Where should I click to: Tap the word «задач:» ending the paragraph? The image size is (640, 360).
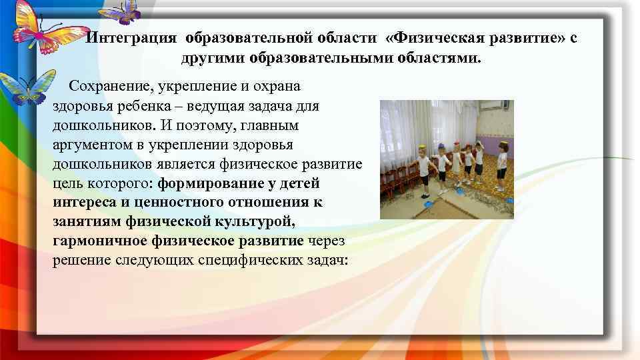327,259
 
